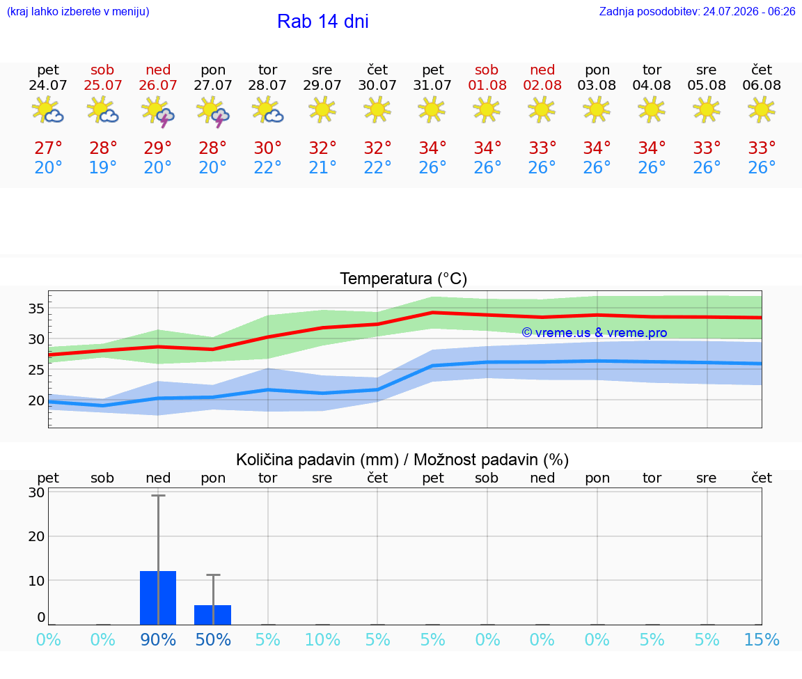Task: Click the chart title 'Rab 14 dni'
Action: click(323, 22)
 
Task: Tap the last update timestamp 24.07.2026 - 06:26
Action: click(749, 11)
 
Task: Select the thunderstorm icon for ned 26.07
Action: click(158, 111)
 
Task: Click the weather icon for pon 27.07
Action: click(213, 111)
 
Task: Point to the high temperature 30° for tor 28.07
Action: click(267, 148)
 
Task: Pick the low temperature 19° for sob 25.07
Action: click(103, 167)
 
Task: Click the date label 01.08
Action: click(487, 86)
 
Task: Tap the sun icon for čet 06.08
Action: click(762, 109)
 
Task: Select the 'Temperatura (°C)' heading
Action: click(404, 279)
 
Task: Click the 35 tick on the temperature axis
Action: click(36, 309)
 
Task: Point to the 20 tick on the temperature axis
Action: click(36, 400)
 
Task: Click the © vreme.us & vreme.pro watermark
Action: click(595, 333)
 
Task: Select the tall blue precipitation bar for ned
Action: click(158, 598)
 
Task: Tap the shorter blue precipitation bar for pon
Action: click(213, 615)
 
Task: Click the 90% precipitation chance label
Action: click(158, 639)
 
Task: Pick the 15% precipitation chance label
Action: click(762, 639)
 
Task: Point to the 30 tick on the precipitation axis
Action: click(36, 492)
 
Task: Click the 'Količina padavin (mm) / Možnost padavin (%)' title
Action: click(402, 460)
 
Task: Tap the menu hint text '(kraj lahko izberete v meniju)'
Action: click(78, 11)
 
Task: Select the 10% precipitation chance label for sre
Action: click(323, 639)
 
